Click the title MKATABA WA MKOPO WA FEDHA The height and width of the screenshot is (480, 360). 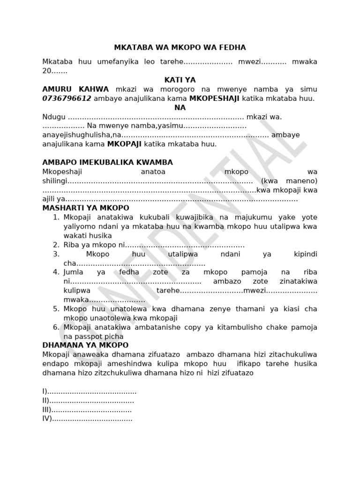tap(180, 48)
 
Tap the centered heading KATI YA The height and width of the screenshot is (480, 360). tap(180, 80)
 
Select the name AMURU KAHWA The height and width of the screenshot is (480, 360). tap(75, 89)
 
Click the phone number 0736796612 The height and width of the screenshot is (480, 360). tap(67, 98)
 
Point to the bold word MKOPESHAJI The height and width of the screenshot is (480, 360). tap(214, 98)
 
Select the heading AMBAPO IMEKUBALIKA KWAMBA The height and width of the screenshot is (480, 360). tap(108, 163)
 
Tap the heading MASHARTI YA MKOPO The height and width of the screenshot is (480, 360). tap(86, 208)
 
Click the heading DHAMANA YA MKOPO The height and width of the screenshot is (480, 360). tap(86, 345)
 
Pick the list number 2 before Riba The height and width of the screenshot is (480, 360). tap(56, 245)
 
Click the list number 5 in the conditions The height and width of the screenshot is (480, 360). tap(56, 309)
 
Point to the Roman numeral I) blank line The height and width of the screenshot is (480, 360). tap(90, 391)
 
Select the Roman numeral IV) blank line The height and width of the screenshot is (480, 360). tap(88, 419)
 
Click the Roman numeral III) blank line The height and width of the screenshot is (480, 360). tap(87, 410)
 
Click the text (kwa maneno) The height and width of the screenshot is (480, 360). tap(290, 181)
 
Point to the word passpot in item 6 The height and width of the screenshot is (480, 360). tap(90, 336)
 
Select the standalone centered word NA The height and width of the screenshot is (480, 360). tap(180, 107)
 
